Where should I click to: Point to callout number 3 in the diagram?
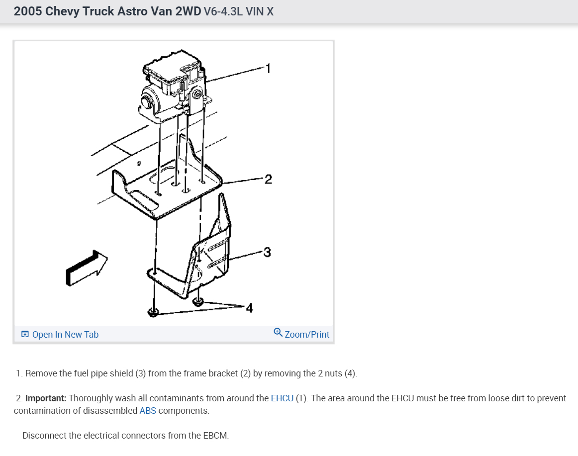(267, 252)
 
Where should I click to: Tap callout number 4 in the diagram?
(249, 308)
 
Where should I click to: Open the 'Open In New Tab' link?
(65, 335)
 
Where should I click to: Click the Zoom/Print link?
(306, 335)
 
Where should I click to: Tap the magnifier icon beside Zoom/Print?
(278, 332)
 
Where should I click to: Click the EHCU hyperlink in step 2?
(282, 398)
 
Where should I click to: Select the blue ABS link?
(148, 411)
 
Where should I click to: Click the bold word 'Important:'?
(46, 398)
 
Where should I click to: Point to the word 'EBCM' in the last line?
(215, 436)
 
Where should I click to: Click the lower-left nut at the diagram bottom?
(153, 312)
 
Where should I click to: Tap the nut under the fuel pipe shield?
(198, 300)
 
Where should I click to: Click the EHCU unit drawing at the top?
(174, 85)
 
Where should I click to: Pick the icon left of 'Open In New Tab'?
(25, 334)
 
